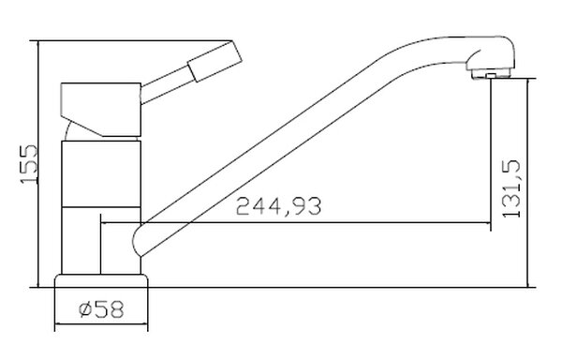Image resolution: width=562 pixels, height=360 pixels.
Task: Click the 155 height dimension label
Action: click(x=29, y=164)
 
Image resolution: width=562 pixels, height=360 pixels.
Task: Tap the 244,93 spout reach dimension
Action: click(x=278, y=206)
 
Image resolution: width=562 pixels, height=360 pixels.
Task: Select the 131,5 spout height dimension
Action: click(x=511, y=188)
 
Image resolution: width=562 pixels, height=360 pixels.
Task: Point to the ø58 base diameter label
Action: click(x=101, y=309)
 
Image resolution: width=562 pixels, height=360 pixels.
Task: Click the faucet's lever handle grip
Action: click(x=215, y=61)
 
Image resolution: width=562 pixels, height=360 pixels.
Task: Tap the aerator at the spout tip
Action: click(x=491, y=74)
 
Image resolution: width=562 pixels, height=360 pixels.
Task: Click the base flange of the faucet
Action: click(x=101, y=281)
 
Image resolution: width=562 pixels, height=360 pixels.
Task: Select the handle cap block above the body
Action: click(x=101, y=110)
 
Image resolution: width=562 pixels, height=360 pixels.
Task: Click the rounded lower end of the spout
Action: click(x=138, y=239)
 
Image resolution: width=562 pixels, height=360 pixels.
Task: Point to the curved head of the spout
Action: click(x=491, y=53)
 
